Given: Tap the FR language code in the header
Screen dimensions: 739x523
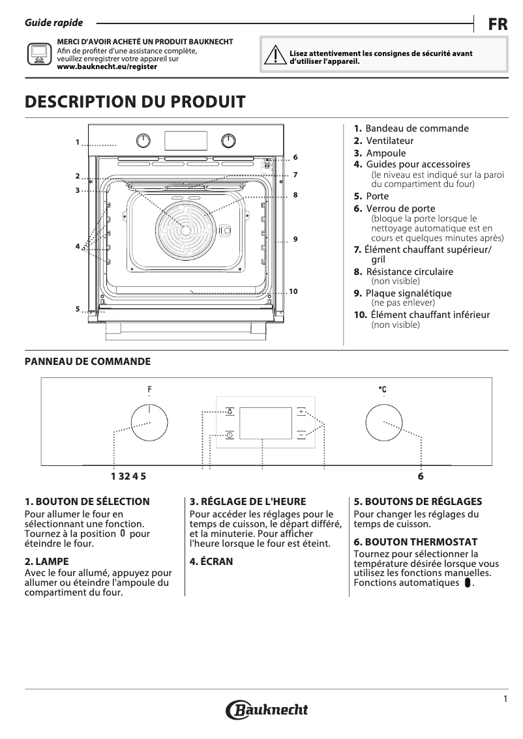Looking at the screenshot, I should [498, 25].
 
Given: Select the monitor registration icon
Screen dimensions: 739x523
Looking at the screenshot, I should [38, 54].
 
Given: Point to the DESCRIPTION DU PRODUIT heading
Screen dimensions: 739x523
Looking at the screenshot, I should [135, 102].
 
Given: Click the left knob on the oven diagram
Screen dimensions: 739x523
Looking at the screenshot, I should [143, 140].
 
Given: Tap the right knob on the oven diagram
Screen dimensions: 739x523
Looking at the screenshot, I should [228, 140].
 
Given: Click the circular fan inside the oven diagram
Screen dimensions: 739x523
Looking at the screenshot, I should [186, 229].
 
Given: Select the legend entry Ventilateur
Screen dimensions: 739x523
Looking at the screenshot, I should [389, 141].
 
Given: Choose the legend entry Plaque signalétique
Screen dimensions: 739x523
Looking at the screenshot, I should [408, 293].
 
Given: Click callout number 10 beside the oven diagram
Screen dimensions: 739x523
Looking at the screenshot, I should [293, 291].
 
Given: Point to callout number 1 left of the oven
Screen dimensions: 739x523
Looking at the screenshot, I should [77, 142].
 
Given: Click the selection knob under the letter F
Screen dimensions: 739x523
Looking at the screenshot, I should [149, 423].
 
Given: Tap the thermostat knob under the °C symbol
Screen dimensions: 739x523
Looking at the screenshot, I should [383, 423].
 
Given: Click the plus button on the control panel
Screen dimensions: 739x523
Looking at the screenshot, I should [301, 412].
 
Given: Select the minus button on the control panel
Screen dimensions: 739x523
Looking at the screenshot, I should [301, 434].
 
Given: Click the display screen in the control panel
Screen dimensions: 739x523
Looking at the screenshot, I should [265, 424].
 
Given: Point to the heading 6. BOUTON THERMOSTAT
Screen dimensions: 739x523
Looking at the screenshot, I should [415, 542].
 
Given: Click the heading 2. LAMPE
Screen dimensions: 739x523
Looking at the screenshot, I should [46, 561].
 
